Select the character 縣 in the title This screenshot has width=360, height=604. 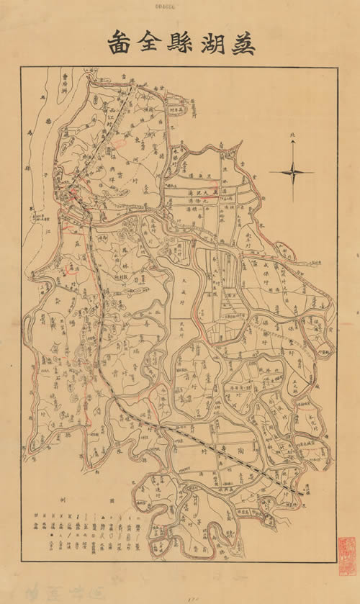click(176, 43)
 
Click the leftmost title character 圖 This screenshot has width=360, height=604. click(116, 43)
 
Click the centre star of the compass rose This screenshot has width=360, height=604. click(292, 171)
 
